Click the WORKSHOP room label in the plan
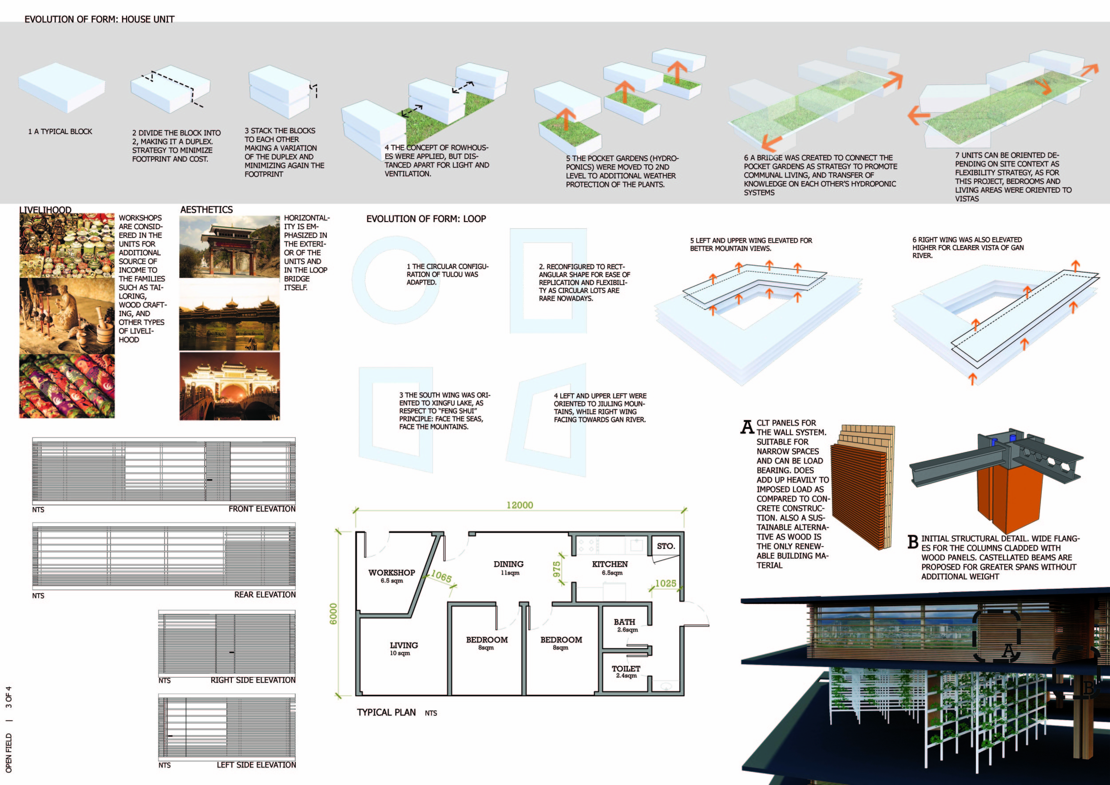click(392, 573)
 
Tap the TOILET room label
click(626, 669)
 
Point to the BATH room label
click(624, 622)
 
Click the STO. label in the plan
click(666, 546)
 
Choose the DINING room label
click(508, 564)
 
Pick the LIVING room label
click(404, 645)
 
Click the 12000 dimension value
click(520, 506)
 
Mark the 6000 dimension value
click(333, 614)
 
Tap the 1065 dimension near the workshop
click(441, 576)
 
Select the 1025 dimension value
click(665, 583)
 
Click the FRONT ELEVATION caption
click(262, 509)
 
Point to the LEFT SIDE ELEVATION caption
click(256, 765)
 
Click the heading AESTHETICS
click(206, 210)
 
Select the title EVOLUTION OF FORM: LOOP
click(426, 219)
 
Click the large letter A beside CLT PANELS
click(747, 427)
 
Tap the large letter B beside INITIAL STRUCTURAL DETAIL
click(913, 542)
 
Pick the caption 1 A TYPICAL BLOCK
click(60, 131)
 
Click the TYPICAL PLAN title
click(386, 713)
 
